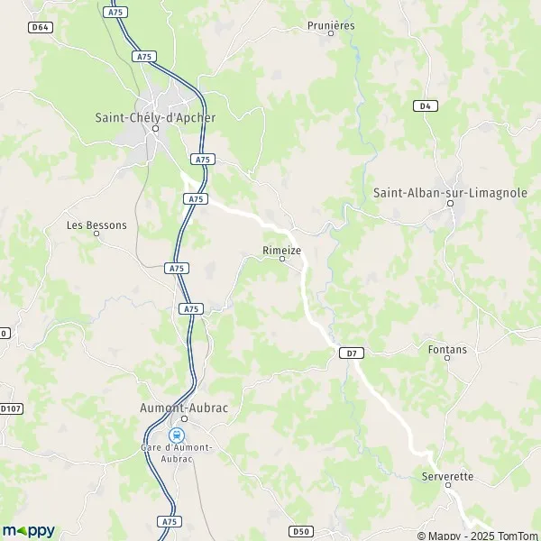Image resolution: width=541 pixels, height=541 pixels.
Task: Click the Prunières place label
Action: [331, 25]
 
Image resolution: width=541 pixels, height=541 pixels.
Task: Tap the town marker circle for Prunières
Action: [331, 34]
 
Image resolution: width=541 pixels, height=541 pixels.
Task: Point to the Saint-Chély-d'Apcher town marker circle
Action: [155, 128]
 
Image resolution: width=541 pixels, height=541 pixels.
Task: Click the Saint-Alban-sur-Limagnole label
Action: [450, 192]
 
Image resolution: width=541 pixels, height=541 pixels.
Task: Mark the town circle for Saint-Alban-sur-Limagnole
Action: [449, 204]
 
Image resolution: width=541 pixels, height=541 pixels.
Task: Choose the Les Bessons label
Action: [96, 225]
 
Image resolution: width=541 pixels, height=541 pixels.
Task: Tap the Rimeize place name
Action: [281, 249]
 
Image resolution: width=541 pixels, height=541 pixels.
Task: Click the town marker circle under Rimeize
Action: [281, 259]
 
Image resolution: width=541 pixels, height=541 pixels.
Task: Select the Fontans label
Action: [448, 349]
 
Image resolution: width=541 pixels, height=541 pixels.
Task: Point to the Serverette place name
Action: [447, 476]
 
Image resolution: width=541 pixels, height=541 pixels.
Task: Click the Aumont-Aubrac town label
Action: [184, 408]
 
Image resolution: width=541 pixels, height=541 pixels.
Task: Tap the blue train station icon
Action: [175, 435]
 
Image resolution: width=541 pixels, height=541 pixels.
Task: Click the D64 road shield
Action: [40, 28]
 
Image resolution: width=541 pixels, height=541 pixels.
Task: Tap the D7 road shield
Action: [353, 353]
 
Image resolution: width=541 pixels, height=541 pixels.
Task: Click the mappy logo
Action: [28, 530]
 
